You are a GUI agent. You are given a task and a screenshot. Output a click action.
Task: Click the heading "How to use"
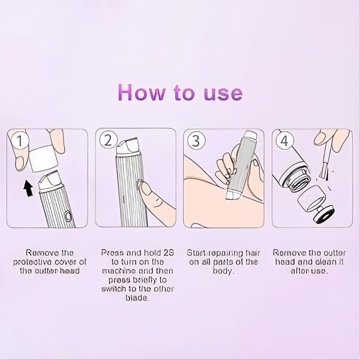point(180,93)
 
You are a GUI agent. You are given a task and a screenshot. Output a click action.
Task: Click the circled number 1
point(22,141)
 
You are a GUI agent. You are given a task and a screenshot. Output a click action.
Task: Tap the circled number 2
point(109,141)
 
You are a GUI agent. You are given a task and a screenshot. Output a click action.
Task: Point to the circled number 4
point(284,142)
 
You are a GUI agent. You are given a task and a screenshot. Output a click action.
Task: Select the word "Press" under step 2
point(112,253)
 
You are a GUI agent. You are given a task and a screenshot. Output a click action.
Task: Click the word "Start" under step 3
point(199,253)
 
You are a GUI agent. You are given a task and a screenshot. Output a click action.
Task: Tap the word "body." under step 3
point(223,271)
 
